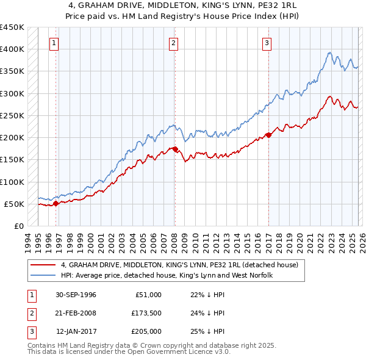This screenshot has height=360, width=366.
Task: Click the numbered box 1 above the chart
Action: [55, 43]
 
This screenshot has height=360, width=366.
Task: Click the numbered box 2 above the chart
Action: [174, 43]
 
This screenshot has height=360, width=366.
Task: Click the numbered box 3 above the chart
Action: [267, 43]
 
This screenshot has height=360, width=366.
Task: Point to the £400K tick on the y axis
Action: [12, 49]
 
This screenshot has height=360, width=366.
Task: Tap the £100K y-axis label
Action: [12, 182]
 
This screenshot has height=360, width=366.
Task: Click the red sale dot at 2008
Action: [175, 149]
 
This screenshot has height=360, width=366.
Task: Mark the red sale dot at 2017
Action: [268, 135]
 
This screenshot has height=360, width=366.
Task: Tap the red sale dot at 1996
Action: [56, 203]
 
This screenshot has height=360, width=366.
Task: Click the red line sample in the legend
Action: [43, 265]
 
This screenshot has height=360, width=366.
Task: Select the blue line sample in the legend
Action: [43, 276]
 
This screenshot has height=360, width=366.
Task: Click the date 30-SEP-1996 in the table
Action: [76, 294]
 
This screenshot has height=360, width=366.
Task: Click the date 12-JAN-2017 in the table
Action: [76, 331]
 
